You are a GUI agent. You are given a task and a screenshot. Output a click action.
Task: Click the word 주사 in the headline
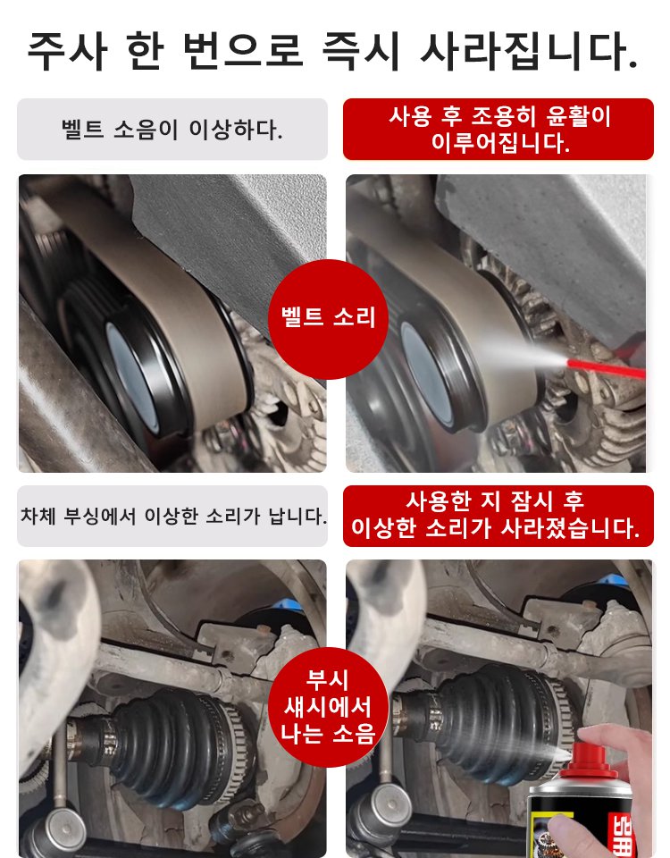[68, 52]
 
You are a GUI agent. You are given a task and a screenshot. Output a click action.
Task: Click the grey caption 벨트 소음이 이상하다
[172, 130]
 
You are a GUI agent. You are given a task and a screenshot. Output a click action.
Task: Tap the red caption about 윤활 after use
[498, 129]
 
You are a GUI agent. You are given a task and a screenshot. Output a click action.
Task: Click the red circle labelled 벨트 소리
[329, 318]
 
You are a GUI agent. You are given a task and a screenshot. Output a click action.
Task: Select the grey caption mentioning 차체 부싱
[172, 516]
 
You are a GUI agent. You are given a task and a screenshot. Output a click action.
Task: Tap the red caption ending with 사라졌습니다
[498, 516]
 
